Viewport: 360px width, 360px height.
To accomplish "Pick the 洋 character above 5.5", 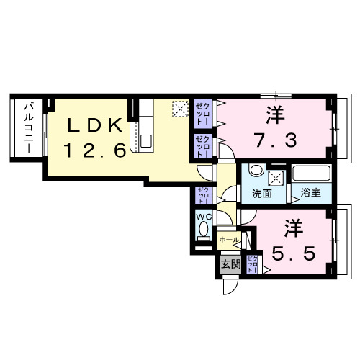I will pyautogui.click(x=292, y=227).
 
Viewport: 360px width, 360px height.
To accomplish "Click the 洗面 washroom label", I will pyautogui.click(x=262, y=194).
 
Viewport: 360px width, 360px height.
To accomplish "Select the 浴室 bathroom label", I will pyautogui.click(x=310, y=194).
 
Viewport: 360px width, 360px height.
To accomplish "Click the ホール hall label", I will pyautogui.click(x=228, y=239).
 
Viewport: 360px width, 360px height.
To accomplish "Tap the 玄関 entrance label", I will pyautogui.click(x=230, y=263).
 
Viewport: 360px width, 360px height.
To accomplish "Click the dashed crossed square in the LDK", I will pyautogui.click(x=179, y=109).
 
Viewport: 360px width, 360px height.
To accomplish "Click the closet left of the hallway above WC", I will pyautogui.click(x=202, y=196).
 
